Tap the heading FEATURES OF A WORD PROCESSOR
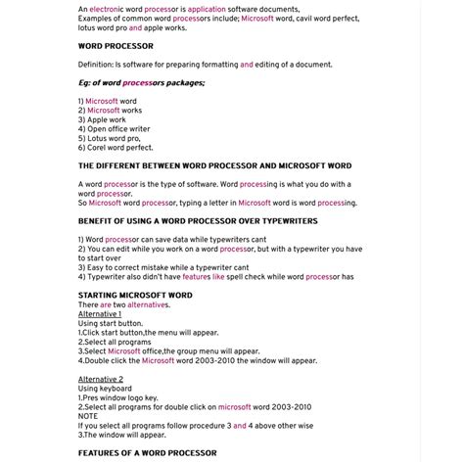click(x=147, y=452)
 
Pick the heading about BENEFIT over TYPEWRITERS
click(x=198, y=220)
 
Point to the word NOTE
click(x=88, y=415)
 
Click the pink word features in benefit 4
click(x=197, y=277)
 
